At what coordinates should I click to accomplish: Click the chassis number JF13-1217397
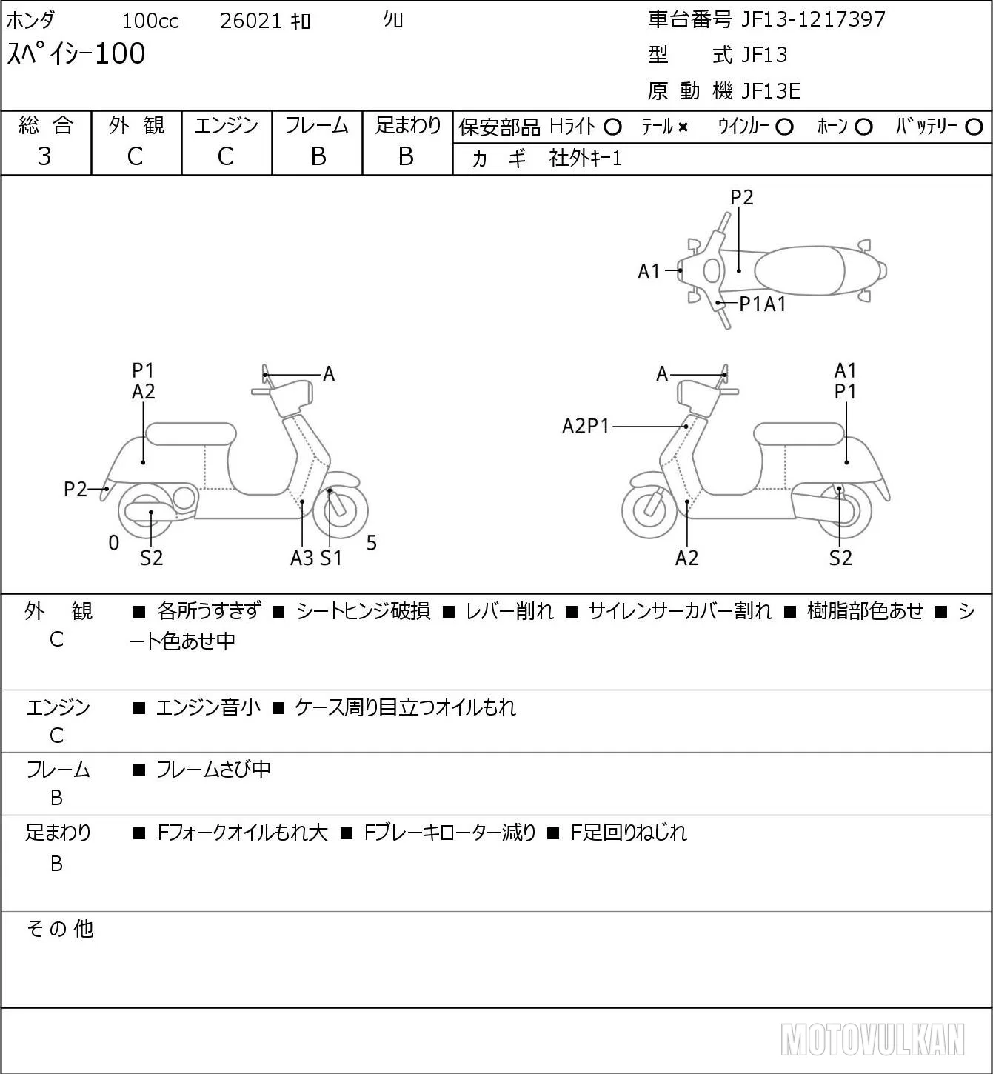click(813, 19)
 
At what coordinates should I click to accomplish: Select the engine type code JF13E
click(771, 91)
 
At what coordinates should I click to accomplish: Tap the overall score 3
click(44, 156)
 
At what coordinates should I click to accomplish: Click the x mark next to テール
click(683, 127)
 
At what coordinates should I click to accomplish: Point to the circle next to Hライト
click(612, 127)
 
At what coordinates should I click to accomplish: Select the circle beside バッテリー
click(974, 127)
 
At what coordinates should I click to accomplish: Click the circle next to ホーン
click(863, 127)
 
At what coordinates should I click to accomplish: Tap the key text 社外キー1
click(586, 159)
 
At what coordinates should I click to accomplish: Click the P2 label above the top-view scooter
click(741, 197)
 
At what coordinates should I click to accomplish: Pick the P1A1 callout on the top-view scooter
click(762, 304)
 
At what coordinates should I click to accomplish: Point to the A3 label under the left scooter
click(302, 558)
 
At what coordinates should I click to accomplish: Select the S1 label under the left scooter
click(331, 558)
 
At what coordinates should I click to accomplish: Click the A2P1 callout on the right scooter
click(586, 426)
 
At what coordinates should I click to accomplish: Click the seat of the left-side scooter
click(191, 434)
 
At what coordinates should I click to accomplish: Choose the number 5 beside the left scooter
click(372, 542)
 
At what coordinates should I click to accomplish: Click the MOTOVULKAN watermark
click(872, 1039)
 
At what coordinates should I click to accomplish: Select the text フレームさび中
click(213, 770)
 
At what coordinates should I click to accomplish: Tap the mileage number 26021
click(251, 21)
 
